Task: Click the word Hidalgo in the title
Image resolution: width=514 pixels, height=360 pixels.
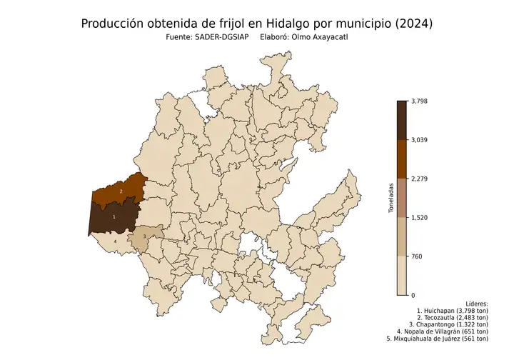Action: (x=291, y=24)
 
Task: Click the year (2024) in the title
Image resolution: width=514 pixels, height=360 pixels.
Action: (x=413, y=24)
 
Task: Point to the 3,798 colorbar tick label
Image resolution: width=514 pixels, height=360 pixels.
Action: (x=421, y=101)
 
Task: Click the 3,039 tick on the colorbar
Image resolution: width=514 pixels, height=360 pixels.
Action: (x=421, y=140)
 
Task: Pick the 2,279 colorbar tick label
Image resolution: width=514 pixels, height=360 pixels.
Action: (x=421, y=179)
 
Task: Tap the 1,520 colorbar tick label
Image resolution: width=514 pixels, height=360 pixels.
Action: (x=421, y=218)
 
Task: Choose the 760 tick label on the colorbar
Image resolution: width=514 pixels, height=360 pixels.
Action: (x=418, y=256)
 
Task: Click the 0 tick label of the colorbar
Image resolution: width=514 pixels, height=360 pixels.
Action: (x=413, y=295)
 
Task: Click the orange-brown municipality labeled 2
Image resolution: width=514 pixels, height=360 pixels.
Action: (x=121, y=191)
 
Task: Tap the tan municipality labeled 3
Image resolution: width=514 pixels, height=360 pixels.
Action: (x=144, y=236)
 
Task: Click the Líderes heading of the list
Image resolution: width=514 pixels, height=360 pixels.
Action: (x=475, y=304)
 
